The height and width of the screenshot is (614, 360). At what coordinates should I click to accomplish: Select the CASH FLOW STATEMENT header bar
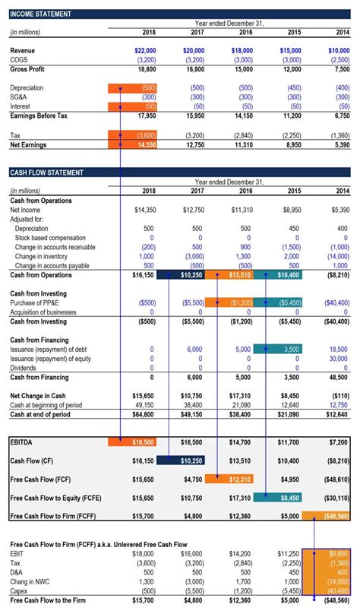click(x=47, y=172)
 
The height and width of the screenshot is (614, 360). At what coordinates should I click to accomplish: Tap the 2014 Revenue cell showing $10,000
click(x=338, y=50)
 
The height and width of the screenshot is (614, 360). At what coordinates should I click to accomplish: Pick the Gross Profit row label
click(x=28, y=69)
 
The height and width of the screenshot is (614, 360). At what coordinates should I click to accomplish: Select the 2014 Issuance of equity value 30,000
click(x=338, y=359)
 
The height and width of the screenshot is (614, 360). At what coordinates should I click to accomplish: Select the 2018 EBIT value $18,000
click(x=144, y=554)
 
